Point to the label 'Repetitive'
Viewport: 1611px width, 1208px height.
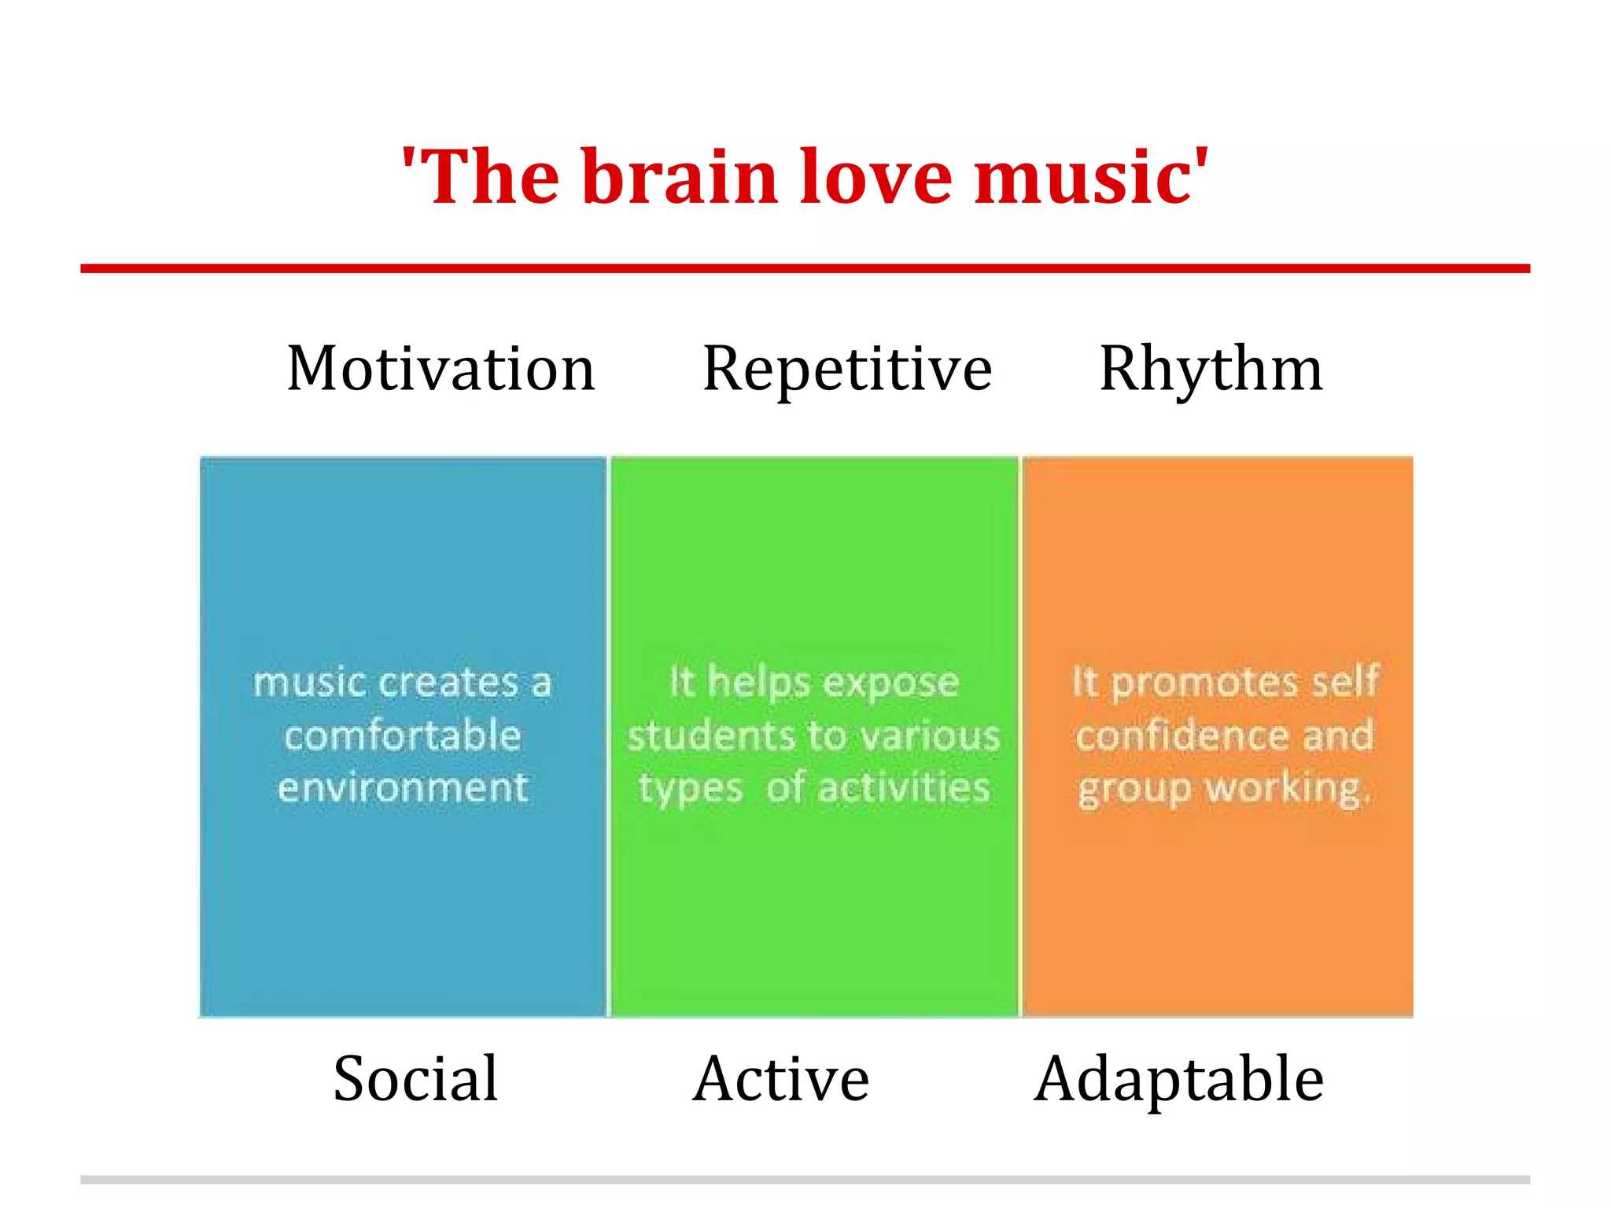tap(847, 370)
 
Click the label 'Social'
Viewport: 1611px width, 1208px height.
tap(415, 1078)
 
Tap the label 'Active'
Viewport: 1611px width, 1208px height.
tap(781, 1078)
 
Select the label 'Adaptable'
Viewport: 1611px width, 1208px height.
tap(1179, 1080)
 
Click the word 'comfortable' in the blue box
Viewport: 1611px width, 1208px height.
tap(403, 736)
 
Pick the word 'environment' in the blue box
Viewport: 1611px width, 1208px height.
tap(403, 787)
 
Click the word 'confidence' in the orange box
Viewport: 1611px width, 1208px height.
tap(1182, 736)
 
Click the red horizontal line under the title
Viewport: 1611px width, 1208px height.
tap(805, 268)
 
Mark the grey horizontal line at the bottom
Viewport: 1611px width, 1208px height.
tap(805, 1180)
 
